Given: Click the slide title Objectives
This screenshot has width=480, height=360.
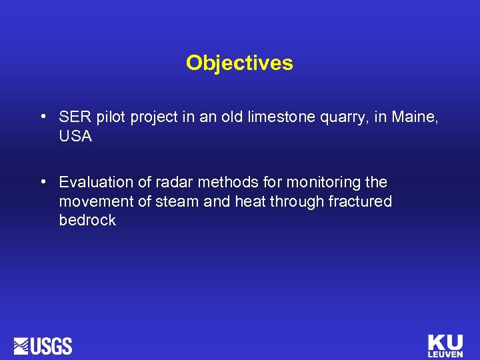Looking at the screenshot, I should point(239,63).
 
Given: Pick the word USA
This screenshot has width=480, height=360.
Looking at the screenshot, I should point(75,137).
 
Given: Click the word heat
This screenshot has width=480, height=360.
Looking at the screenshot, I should point(246,201).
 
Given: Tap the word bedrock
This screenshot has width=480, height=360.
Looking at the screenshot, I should point(87,221).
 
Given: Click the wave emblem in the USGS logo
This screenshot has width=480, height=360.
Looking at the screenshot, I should point(22,346).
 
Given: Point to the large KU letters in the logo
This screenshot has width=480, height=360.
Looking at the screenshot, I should point(445,342).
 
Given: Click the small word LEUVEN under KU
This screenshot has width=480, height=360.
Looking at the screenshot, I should point(445,354).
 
